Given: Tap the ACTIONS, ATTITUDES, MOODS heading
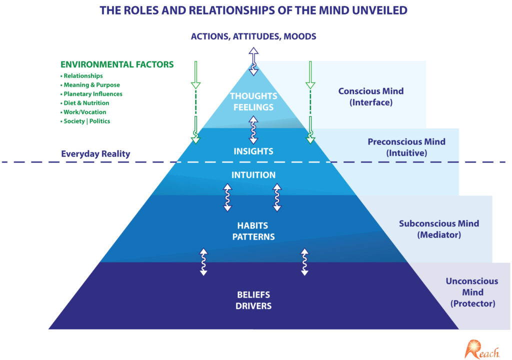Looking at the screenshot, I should point(253,36).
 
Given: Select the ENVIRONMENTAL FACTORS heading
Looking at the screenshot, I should point(117,64).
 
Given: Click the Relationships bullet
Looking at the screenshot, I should point(83,76).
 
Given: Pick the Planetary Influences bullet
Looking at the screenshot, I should point(92,94).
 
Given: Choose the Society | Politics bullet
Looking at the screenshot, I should point(86,121).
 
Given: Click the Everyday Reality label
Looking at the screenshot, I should point(95,154).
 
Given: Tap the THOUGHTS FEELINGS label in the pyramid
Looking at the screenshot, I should point(253,101).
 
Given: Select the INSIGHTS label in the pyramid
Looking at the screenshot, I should point(253,151).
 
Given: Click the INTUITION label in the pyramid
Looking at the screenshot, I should point(253,175).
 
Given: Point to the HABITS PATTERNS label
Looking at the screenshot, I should point(253,231).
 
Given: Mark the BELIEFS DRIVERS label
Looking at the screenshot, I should point(253,300).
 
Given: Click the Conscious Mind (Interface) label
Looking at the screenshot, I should point(371,96).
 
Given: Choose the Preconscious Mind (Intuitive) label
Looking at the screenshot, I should point(406,147).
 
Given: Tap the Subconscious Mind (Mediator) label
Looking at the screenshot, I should point(439,229).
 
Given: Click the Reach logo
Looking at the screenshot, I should point(482,348).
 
